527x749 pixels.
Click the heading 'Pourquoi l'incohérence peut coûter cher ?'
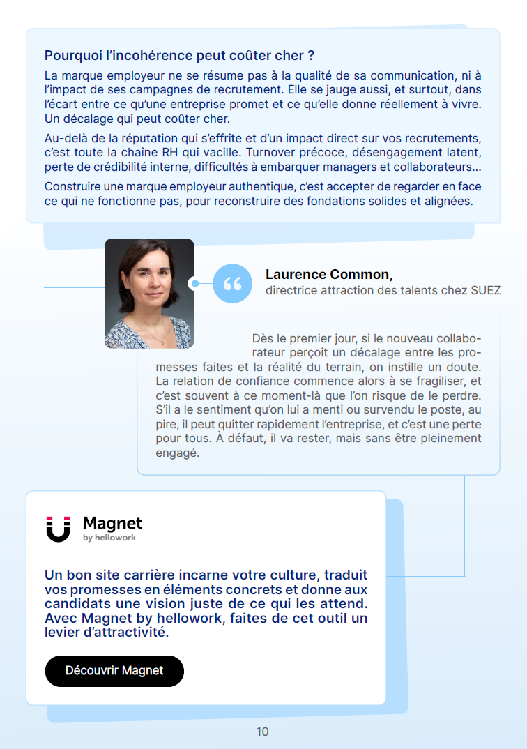(179, 55)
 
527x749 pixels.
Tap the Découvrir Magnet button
(114, 671)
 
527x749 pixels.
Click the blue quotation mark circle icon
(232, 283)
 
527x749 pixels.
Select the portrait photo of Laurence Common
(149, 293)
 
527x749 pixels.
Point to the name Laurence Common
(329, 275)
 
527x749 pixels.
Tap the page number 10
(262, 732)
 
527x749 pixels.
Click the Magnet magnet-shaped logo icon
(58, 529)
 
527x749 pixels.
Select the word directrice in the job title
(291, 290)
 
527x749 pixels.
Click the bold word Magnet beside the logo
(112, 523)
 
